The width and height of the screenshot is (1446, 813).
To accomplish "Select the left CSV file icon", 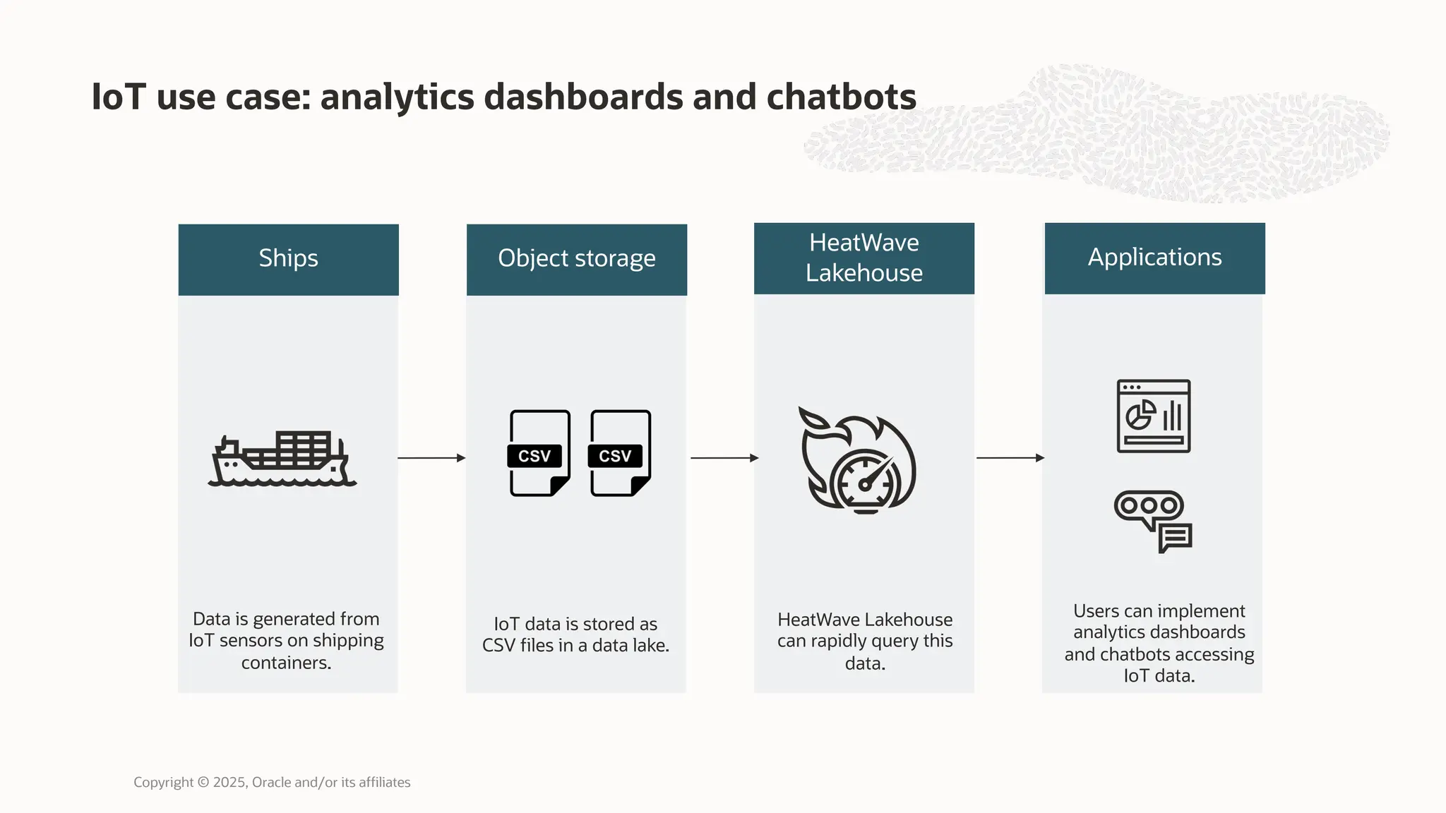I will tap(539, 453).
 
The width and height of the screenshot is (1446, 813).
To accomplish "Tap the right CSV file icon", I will tap(620, 453).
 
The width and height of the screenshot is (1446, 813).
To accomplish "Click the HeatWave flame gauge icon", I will tap(859, 460).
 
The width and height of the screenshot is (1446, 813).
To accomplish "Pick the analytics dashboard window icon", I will tap(1154, 416).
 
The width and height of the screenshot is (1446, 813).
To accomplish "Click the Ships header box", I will tap(288, 259).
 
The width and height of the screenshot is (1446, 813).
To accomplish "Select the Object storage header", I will tap(576, 259).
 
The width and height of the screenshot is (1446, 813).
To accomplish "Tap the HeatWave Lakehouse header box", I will tap(864, 258).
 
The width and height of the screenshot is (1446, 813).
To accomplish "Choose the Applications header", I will tap(1154, 258).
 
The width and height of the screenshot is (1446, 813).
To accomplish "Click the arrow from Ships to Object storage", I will tap(431, 458).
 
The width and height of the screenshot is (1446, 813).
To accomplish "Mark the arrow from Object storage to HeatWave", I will tap(724, 458).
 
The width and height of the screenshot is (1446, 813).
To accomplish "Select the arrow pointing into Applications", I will tap(1010, 458).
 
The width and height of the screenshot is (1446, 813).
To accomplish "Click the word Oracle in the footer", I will tap(271, 782).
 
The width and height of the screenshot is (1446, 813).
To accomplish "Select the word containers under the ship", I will tap(286, 663).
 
